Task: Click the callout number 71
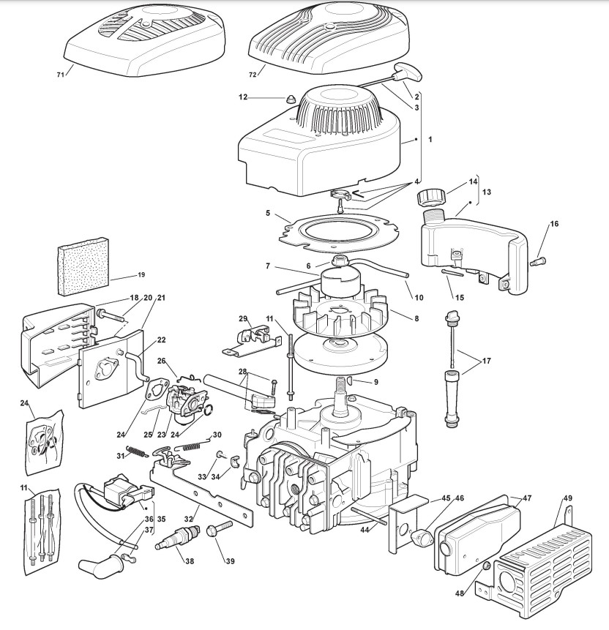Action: [60, 73]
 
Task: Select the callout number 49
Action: [567, 500]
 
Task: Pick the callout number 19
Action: [141, 275]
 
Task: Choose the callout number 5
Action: [269, 214]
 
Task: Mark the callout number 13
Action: [487, 192]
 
